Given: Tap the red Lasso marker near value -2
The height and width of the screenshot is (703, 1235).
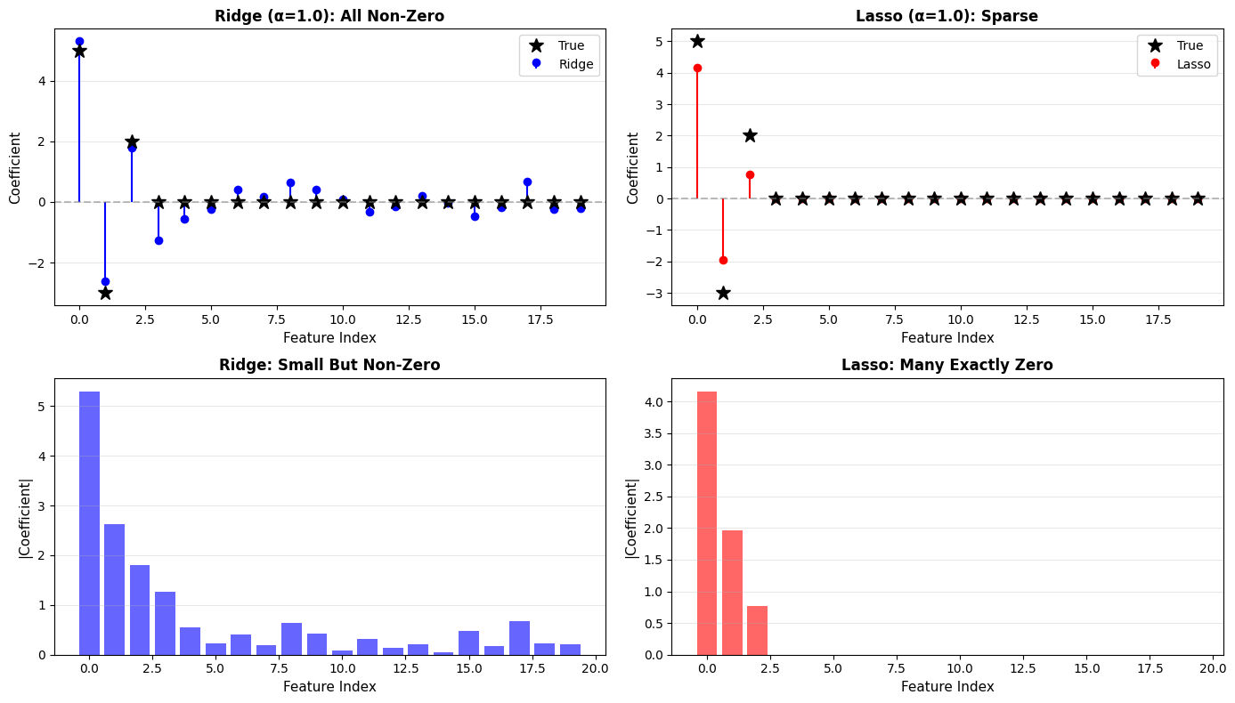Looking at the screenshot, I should [723, 260].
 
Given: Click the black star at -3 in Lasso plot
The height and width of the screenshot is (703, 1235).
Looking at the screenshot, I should [723, 293].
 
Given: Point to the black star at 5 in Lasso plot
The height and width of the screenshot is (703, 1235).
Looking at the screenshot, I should [697, 41].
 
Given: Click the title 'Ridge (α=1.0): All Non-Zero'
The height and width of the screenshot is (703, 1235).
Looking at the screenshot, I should [329, 16].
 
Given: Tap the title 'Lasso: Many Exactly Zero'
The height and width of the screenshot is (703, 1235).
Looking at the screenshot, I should [947, 365].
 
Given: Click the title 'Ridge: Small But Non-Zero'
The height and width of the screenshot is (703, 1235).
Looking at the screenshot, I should [329, 365].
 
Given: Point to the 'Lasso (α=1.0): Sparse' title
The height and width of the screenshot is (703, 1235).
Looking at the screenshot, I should [947, 16].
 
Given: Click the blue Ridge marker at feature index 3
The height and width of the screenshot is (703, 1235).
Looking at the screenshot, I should [158, 240].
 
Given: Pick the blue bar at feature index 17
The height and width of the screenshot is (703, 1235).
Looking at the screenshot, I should [519, 638].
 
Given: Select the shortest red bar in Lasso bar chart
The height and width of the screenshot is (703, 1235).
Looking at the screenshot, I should [757, 630].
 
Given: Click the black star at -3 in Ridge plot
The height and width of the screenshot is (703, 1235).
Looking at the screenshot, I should [105, 293].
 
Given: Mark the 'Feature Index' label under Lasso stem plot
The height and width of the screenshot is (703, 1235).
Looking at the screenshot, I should [947, 338].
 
